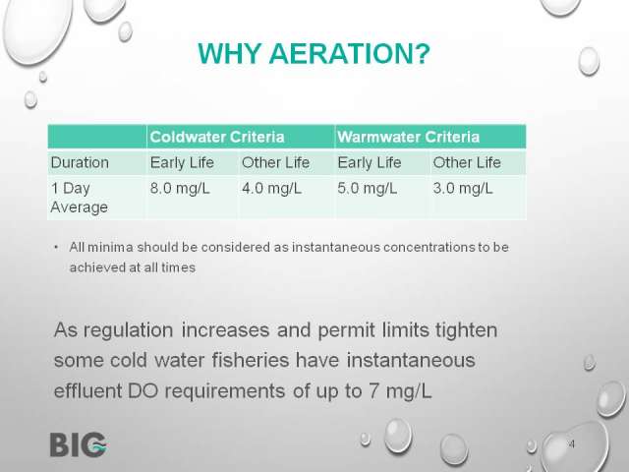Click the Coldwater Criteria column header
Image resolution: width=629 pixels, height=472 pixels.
(x=217, y=137)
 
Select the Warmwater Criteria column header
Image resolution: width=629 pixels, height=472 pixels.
(x=409, y=137)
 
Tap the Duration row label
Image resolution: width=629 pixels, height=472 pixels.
(x=80, y=162)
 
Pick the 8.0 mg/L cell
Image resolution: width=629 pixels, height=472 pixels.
(x=180, y=188)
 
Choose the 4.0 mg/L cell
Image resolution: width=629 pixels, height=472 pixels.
(x=271, y=188)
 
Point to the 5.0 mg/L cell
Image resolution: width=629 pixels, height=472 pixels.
(x=367, y=188)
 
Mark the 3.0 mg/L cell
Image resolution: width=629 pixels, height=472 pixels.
(x=463, y=188)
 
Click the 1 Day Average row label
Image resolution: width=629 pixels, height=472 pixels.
(x=80, y=198)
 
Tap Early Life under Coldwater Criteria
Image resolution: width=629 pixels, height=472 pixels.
(x=182, y=162)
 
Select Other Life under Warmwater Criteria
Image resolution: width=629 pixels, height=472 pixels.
(x=467, y=162)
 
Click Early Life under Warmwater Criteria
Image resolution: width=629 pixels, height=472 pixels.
(x=370, y=162)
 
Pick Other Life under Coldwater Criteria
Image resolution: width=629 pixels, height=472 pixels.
(x=275, y=162)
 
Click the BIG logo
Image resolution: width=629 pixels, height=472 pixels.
(x=79, y=444)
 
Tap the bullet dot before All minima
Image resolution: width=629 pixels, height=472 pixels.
(x=56, y=247)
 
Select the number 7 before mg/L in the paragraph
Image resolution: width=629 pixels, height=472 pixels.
(x=373, y=391)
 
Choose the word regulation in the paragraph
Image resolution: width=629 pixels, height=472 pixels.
(x=129, y=330)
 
